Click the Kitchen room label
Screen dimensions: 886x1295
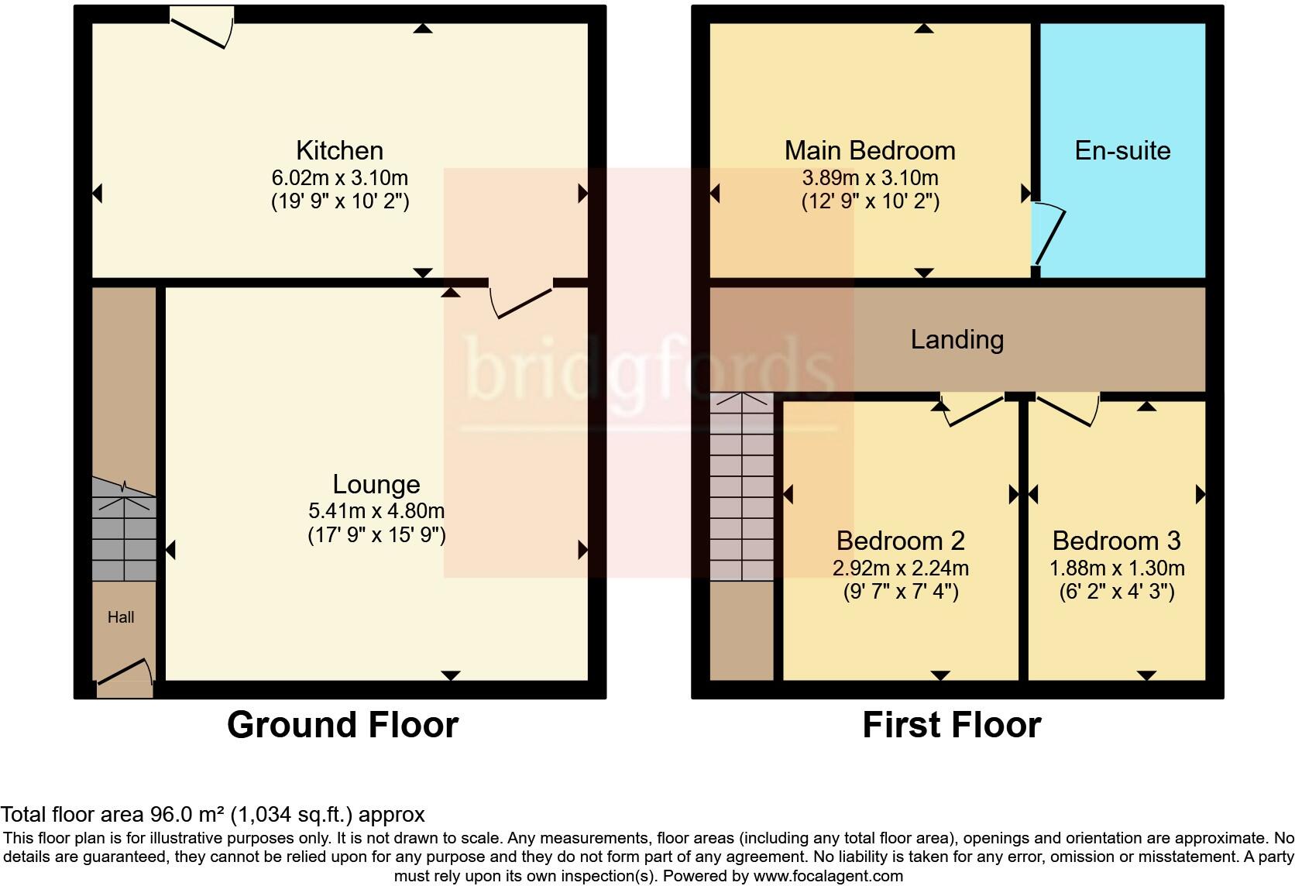click(339, 150)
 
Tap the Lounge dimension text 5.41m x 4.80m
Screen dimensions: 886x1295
click(376, 511)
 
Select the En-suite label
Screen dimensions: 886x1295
click(1122, 150)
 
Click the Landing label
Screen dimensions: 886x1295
click(957, 339)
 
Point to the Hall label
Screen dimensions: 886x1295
click(121, 617)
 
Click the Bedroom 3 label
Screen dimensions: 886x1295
click(1116, 541)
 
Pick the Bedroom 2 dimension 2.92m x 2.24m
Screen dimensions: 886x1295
click(900, 568)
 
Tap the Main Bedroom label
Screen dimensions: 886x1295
click(870, 150)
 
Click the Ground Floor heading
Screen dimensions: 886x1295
click(342, 725)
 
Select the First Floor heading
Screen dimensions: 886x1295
click(951, 725)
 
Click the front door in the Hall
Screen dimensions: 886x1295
click(124, 671)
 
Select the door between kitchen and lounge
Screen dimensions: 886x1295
click(521, 300)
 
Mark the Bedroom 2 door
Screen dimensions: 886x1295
click(972, 408)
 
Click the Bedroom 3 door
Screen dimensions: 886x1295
click(1067, 408)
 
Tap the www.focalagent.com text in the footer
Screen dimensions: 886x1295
click(827, 876)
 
